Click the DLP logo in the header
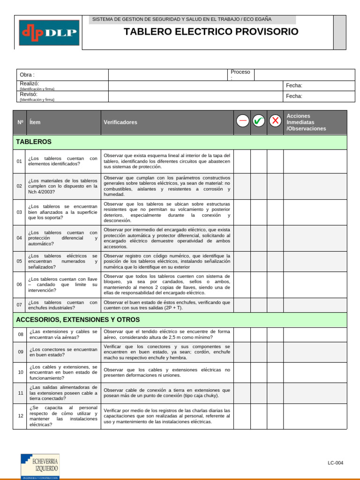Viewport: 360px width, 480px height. click(x=49, y=32)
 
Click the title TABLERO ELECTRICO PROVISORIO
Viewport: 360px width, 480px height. click(x=211, y=32)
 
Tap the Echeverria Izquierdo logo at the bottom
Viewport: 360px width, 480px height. click(x=40, y=466)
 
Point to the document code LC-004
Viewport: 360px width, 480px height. click(x=335, y=463)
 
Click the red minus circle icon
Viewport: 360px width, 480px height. click(x=242, y=121)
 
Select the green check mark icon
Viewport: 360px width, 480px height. click(x=258, y=121)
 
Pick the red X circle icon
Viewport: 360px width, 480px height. click(x=275, y=121)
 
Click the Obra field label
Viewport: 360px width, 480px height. click(x=27, y=75)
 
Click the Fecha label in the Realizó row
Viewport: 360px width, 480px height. click(x=294, y=85)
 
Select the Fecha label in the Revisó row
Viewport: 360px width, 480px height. click(x=294, y=96)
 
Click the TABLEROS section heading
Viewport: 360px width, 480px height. click(x=34, y=142)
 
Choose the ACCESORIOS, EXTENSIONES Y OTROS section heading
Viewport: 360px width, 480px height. click(x=78, y=320)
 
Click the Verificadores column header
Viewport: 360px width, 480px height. click(x=120, y=122)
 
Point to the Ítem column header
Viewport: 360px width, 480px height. click(x=35, y=122)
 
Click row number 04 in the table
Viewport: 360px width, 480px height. click(x=19, y=238)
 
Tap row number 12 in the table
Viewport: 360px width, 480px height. click(x=20, y=416)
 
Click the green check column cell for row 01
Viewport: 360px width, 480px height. click(x=258, y=161)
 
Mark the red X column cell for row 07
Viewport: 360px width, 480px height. click(x=275, y=305)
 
